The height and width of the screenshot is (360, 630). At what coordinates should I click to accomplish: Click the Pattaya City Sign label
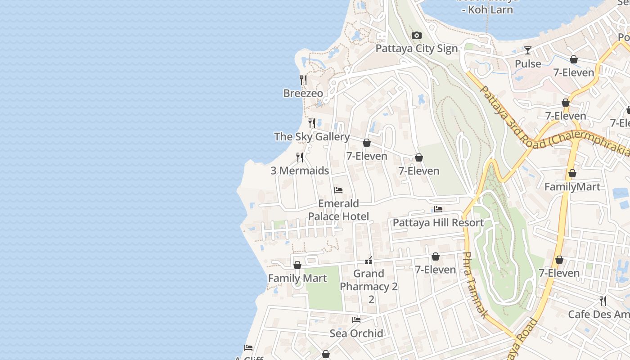click(x=416, y=49)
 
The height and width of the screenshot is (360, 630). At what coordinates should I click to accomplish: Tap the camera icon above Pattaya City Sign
click(x=417, y=36)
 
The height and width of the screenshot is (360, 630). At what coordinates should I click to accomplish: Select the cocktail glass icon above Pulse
click(x=528, y=50)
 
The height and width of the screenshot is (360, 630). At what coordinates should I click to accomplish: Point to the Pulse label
click(x=528, y=64)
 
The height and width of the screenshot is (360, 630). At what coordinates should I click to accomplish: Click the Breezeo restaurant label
click(x=303, y=93)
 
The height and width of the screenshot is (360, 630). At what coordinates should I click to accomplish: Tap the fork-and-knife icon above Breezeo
click(x=303, y=80)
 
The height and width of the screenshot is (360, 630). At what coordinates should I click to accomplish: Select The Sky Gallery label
click(x=312, y=137)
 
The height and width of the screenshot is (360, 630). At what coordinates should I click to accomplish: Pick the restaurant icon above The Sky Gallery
click(x=311, y=123)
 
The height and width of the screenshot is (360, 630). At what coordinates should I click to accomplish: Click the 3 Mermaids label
click(x=300, y=171)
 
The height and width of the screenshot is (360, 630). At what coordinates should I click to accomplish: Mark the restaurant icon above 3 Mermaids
click(x=300, y=157)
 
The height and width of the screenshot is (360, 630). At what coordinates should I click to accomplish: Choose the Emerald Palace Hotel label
click(x=338, y=210)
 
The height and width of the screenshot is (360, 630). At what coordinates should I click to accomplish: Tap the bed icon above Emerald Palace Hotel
click(x=338, y=190)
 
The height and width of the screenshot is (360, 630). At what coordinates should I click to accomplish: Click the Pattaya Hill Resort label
click(x=438, y=223)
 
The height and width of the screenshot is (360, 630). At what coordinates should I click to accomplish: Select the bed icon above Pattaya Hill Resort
click(x=438, y=209)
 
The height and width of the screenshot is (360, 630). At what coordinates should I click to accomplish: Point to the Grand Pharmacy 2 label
click(x=369, y=280)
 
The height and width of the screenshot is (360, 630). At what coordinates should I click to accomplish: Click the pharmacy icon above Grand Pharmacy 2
click(x=369, y=260)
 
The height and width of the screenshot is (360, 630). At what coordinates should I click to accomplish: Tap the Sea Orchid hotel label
click(x=356, y=333)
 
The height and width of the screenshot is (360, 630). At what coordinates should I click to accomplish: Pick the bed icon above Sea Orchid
click(x=356, y=320)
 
